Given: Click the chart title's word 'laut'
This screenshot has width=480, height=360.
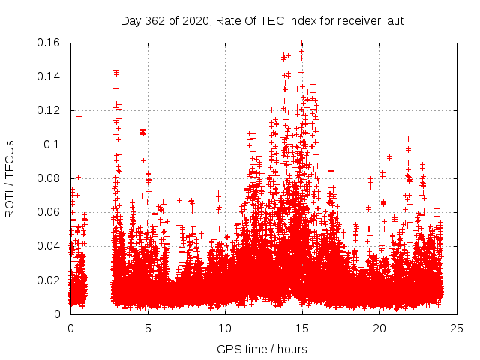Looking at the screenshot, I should coord(392,21).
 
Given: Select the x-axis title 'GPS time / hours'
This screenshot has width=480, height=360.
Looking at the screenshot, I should coord(262,349).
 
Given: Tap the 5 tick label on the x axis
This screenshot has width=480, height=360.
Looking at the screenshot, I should coord(148,328).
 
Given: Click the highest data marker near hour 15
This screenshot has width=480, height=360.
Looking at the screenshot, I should coord(301,43).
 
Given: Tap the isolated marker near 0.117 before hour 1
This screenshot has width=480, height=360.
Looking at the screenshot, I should coord(79,116).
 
